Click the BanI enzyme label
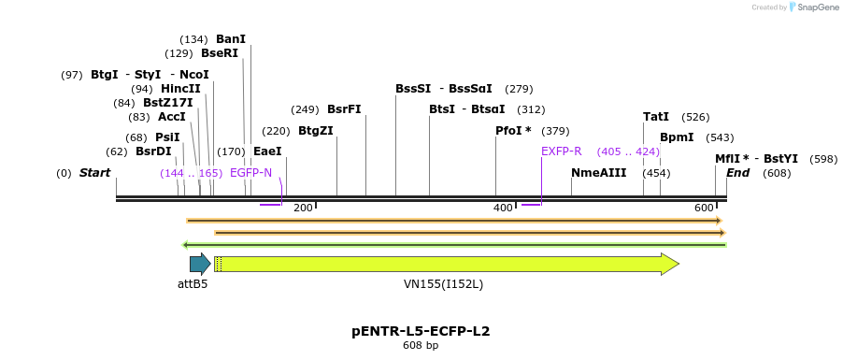pyautogui.click(x=230, y=39)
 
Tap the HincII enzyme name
pyautogui.click(x=180, y=89)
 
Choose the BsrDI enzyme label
pyautogui.click(x=153, y=151)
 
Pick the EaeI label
pyautogui.click(x=267, y=151)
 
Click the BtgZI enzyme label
pyautogui.click(x=315, y=131)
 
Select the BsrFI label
pyautogui.click(x=344, y=109)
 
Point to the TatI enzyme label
pyautogui.click(x=656, y=117)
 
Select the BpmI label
pyautogui.click(x=677, y=137)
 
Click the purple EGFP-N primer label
pyautogui.click(x=250, y=173)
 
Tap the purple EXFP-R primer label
pyautogui.click(x=561, y=151)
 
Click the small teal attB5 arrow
pyautogui.click(x=199, y=265)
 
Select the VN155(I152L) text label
pyautogui.click(x=443, y=283)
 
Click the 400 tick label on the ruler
pyautogui.click(x=503, y=208)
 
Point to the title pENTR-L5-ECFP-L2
pyautogui.click(x=421, y=331)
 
